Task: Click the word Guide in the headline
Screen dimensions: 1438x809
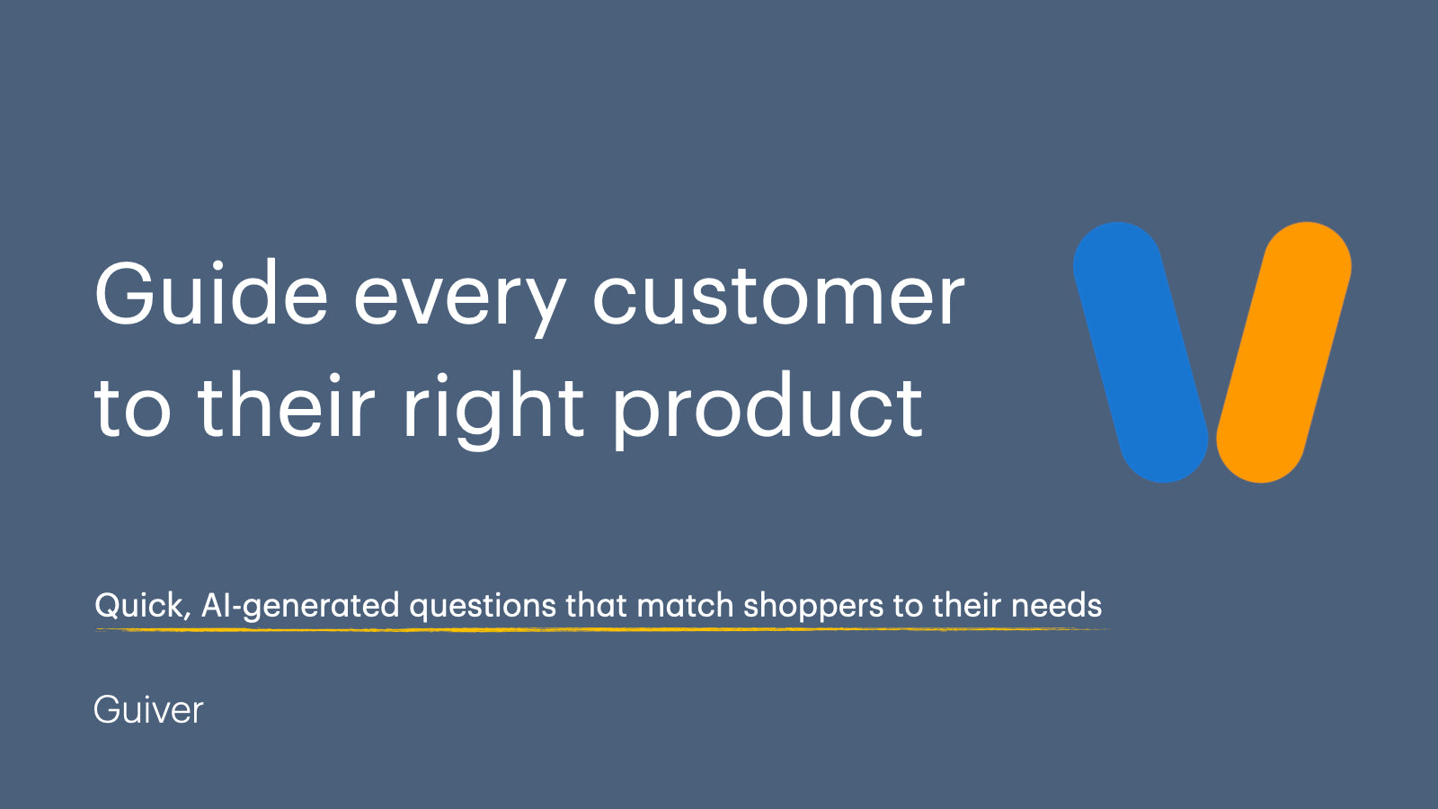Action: click(x=211, y=293)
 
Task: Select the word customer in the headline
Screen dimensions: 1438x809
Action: click(x=778, y=297)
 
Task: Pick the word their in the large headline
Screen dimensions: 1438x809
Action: click(x=287, y=404)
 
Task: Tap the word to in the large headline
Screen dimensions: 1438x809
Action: click(x=133, y=410)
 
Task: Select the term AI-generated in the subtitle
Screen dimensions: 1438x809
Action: click(x=300, y=607)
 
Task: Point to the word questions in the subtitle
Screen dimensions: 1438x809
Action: click(x=483, y=608)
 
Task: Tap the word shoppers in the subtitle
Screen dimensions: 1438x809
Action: click(x=813, y=608)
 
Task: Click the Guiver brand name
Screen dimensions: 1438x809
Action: click(x=148, y=710)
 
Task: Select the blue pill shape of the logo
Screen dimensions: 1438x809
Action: click(x=1141, y=351)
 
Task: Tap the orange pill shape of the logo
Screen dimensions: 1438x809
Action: click(x=1284, y=351)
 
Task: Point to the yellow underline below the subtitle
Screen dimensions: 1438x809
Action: click(x=602, y=630)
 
